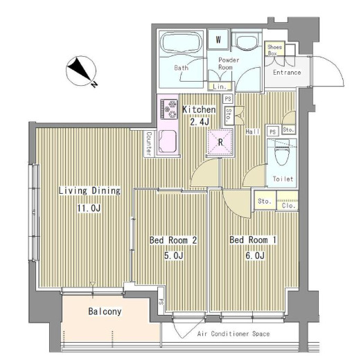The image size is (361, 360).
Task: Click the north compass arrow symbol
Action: pyautogui.click(x=81, y=71)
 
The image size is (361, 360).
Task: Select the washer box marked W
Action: pyautogui.click(x=218, y=39)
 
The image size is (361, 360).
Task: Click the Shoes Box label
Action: pyautogui.click(x=274, y=50)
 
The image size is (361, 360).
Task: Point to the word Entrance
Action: pyautogui.click(x=286, y=72)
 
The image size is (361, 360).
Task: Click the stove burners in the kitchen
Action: pyautogui.click(x=169, y=108)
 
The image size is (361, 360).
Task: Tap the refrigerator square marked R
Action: pyautogui.click(x=220, y=143)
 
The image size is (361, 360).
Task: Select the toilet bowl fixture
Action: pyautogui.click(x=282, y=152)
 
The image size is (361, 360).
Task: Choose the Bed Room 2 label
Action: pyautogui.click(x=174, y=240)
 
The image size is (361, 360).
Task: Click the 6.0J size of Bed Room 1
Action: pyautogui.click(x=253, y=255)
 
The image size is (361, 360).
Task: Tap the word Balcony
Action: pyautogui.click(x=105, y=312)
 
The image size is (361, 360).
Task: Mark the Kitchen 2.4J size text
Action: pyautogui.click(x=199, y=123)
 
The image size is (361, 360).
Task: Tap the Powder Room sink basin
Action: pyautogui.click(x=245, y=43)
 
